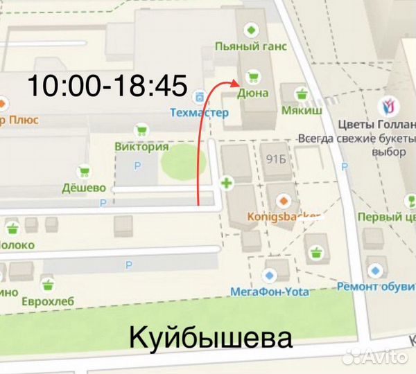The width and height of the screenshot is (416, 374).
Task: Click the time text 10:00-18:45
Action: point(107,87)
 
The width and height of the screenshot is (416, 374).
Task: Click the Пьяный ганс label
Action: point(251,47)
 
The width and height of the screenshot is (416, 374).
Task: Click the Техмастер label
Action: point(199,112)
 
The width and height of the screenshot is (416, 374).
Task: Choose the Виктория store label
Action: point(141,147)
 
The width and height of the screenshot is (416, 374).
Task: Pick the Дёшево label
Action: point(84,188)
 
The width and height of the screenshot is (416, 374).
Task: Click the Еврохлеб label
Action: point(48,301)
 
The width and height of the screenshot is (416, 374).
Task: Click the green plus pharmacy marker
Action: point(226,184)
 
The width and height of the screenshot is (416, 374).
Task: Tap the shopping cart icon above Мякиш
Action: point(301,93)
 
